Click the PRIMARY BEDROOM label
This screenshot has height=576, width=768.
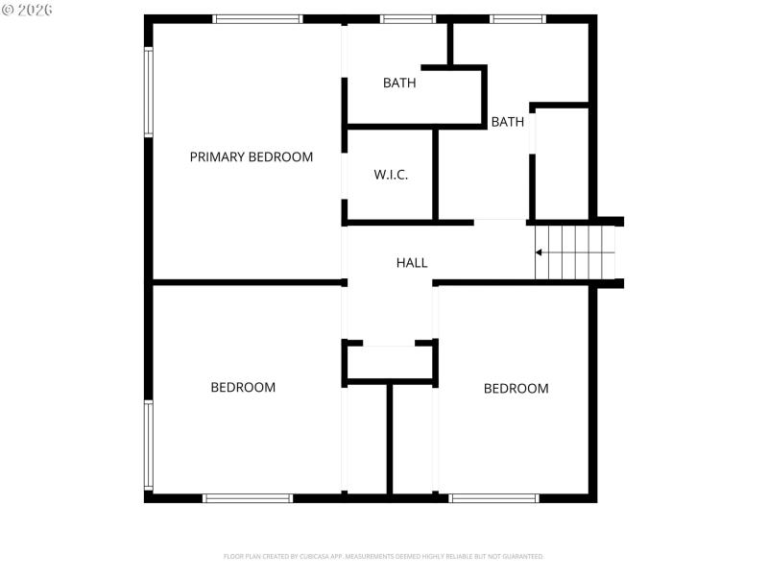click(x=251, y=156)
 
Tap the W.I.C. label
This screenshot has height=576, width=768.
click(x=391, y=175)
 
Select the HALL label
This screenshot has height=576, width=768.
click(x=412, y=262)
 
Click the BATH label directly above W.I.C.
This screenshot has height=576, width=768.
click(x=399, y=83)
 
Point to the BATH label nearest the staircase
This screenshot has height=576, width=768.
click(x=507, y=122)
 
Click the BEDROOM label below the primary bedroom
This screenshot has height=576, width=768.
click(x=243, y=387)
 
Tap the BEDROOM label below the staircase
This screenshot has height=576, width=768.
click(x=516, y=388)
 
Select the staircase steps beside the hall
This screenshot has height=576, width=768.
click(x=574, y=252)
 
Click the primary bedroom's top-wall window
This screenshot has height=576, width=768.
click(x=257, y=18)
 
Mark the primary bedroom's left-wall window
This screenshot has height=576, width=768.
click(x=149, y=92)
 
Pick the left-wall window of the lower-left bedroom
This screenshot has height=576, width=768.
click(x=149, y=444)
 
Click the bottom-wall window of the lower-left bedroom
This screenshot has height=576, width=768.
click(x=248, y=498)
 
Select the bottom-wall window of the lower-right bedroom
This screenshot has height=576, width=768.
click(x=493, y=498)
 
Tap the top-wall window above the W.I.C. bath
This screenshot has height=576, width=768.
click(x=408, y=18)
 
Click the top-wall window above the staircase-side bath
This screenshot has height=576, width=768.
click(x=518, y=18)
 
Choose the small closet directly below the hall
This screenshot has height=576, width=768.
click(x=390, y=363)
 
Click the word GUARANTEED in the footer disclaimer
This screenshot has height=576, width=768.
click(x=523, y=556)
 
